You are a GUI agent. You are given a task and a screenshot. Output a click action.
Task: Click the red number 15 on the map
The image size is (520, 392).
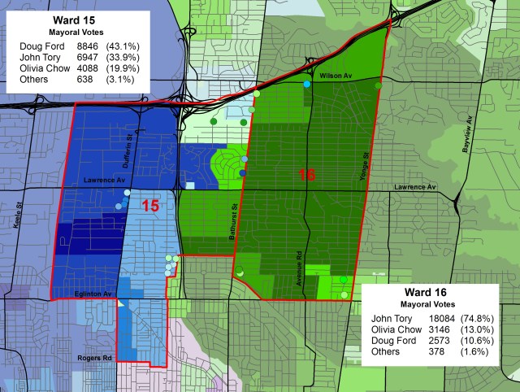point(150,206)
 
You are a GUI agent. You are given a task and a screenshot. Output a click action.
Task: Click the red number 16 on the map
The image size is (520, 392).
point(306,175)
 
